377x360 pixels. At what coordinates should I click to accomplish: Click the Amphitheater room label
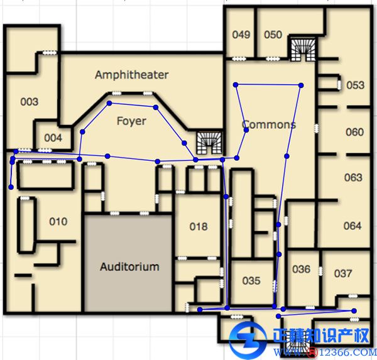tap(131, 75)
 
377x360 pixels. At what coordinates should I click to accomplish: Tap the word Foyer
tap(131, 121)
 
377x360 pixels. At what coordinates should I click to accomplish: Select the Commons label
tap(268, 124)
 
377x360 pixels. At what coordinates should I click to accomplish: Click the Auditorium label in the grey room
tap(129, 266)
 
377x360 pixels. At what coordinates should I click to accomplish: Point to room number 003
tap(29, 102)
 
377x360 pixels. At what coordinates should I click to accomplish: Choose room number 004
tap(53, 138)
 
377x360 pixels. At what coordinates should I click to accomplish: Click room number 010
tap(58, 222)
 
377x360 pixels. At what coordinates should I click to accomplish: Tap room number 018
tap(199, 227)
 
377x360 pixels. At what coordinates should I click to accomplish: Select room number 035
tap(251, 281)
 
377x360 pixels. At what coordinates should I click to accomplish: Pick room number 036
tap(301, 269)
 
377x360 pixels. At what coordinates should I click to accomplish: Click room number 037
tap(343, 273)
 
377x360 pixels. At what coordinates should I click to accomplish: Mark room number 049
tap(241, 35)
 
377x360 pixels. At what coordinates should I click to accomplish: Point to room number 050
tap(273, 35)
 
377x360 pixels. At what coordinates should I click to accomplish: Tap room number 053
tap(356, 85)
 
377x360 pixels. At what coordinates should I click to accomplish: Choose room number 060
tap(354, 132)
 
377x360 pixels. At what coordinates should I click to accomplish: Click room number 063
tap(353, 177)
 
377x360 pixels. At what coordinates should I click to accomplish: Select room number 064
tap(352, 226)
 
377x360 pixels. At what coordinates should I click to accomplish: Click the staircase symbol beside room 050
tap(303, 50)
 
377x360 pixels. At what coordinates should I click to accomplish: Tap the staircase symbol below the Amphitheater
tap(209, 143)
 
